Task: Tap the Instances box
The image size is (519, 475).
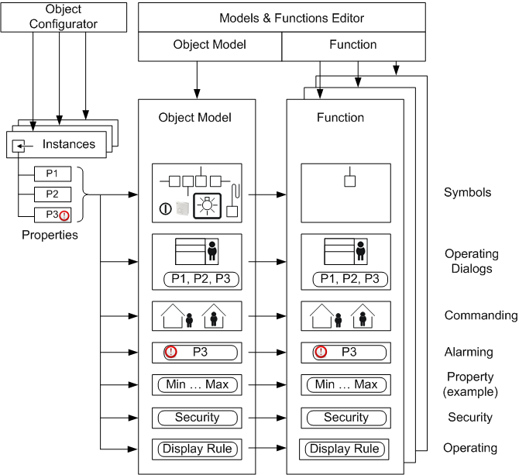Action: tap(60, 143)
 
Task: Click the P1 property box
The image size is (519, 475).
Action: tap(53, 173)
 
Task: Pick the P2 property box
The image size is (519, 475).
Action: tap(53, 194)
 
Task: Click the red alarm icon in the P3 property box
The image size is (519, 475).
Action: tap(64, 215)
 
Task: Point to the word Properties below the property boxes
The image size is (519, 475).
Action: tap(50, 234)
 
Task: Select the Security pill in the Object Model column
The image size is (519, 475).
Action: tap(198, 418)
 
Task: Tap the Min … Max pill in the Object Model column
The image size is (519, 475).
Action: tap(198, 384)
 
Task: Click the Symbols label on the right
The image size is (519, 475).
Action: tap(467, 192)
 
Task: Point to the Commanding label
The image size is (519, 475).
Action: tap(480, 315)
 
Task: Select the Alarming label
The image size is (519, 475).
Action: tap(469, 352)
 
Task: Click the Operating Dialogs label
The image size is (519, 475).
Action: tap(471, 261)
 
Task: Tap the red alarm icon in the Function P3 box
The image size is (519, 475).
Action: tap(321, 352)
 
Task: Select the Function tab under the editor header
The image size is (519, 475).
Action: tap(352, 45)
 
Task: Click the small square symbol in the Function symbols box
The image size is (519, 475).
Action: tap(349, 181)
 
